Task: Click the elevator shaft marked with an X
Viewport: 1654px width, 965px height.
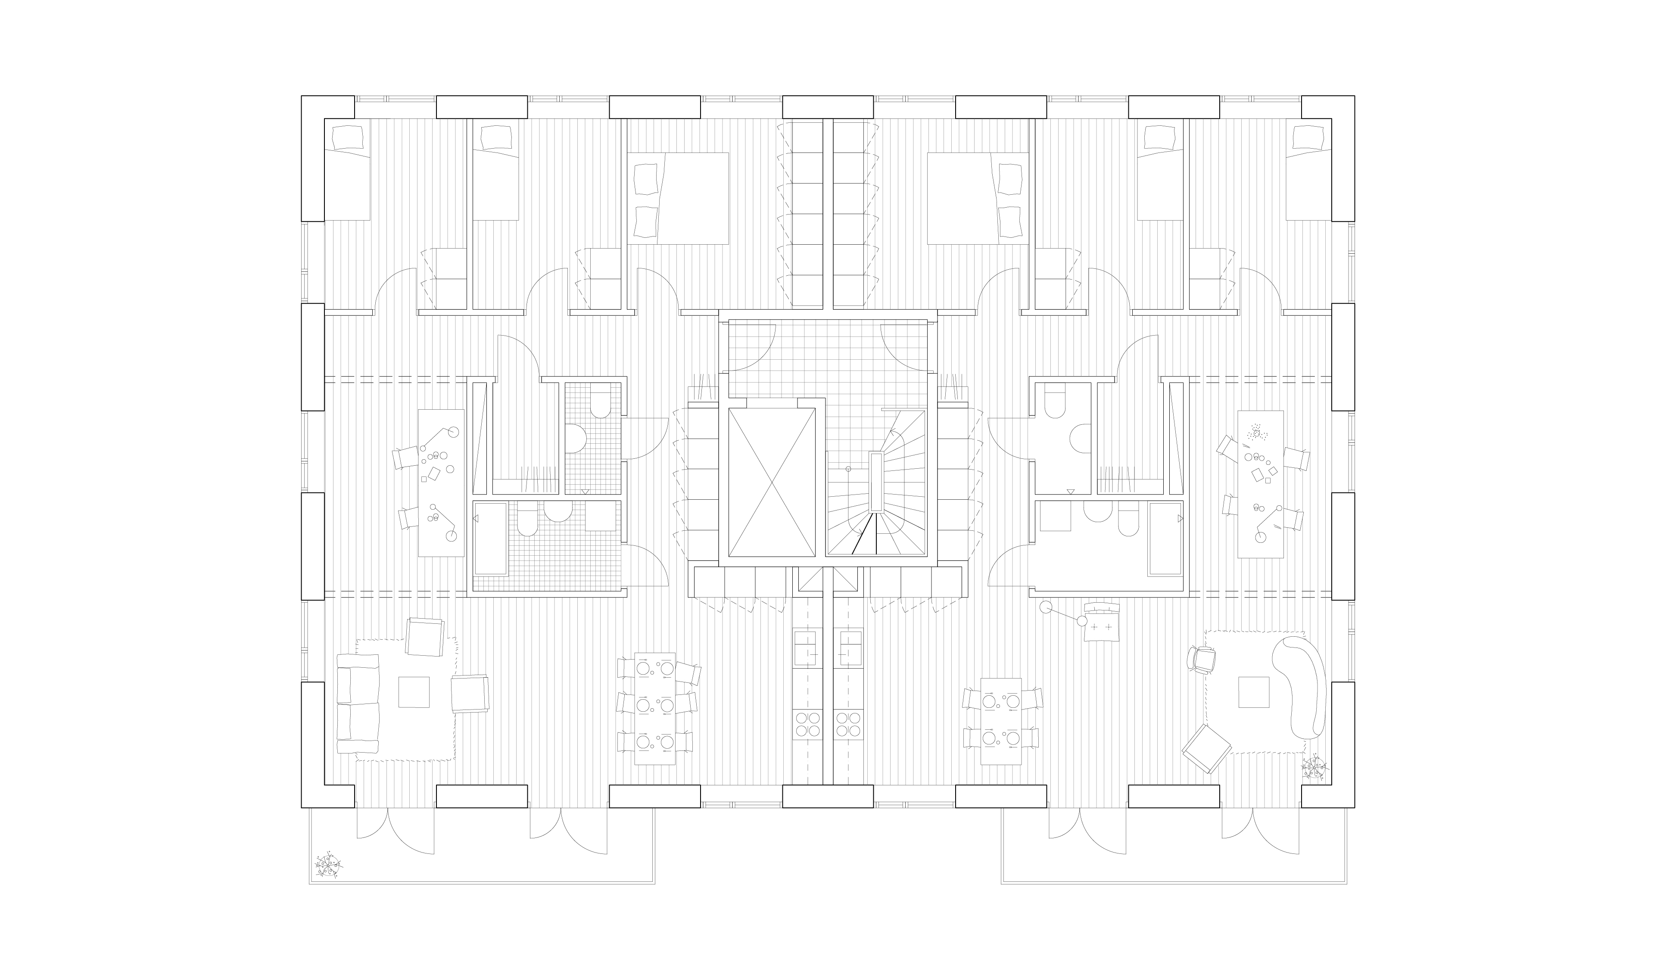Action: pos(771,482)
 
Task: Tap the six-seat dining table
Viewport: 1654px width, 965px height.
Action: pos(655,709)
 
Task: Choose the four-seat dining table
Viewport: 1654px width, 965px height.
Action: pos(1001,721)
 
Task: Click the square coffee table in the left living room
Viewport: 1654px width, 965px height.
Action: pos(414,692)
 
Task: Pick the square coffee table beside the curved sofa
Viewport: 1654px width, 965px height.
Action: pos(1254,692)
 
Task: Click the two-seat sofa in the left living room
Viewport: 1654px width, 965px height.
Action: pos(358,709)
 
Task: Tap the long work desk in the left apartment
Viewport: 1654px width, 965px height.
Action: pos(441,483)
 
